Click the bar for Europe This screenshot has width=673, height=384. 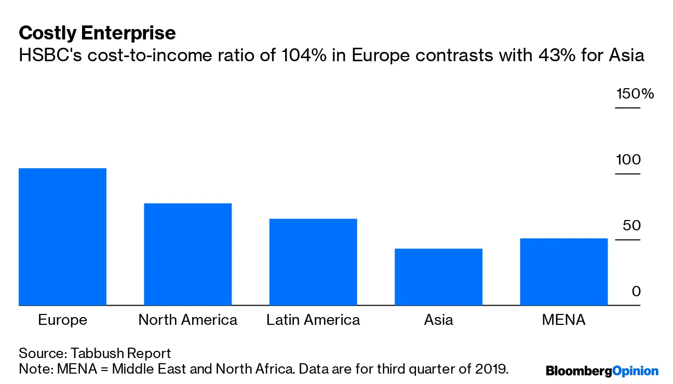62,237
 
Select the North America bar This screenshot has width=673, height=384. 187,254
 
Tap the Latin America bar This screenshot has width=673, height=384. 313,262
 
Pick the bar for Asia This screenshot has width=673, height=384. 438,277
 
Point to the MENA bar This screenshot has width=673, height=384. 563,272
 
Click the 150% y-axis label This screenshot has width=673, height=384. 635,94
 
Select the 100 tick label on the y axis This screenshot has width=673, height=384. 628,160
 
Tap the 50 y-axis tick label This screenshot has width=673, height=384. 631,226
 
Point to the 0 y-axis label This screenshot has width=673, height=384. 636,292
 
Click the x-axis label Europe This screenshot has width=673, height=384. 62,320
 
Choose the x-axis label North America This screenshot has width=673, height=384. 187,320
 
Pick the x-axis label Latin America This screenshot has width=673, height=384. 313,320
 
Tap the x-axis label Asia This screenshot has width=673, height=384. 438,320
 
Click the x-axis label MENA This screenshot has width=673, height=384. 563,320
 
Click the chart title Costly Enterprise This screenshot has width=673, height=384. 97,33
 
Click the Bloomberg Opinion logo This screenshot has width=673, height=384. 602,371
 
